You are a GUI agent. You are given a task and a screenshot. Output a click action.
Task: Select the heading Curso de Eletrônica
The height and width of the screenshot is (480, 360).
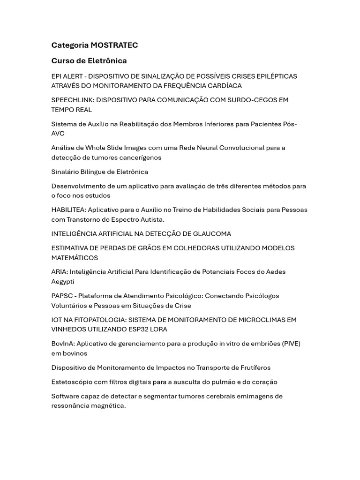click(x=89, y=61)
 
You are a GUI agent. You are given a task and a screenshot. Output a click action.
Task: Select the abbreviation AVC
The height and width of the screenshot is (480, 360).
click(x=58, y=134)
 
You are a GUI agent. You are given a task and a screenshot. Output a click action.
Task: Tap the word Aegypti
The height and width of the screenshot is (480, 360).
click(x=63, y=282)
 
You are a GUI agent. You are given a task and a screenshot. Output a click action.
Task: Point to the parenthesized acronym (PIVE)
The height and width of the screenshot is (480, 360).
click(x=291, y=344)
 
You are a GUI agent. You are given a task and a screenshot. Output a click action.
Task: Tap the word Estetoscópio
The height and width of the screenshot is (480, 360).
click(x=72, y=382)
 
